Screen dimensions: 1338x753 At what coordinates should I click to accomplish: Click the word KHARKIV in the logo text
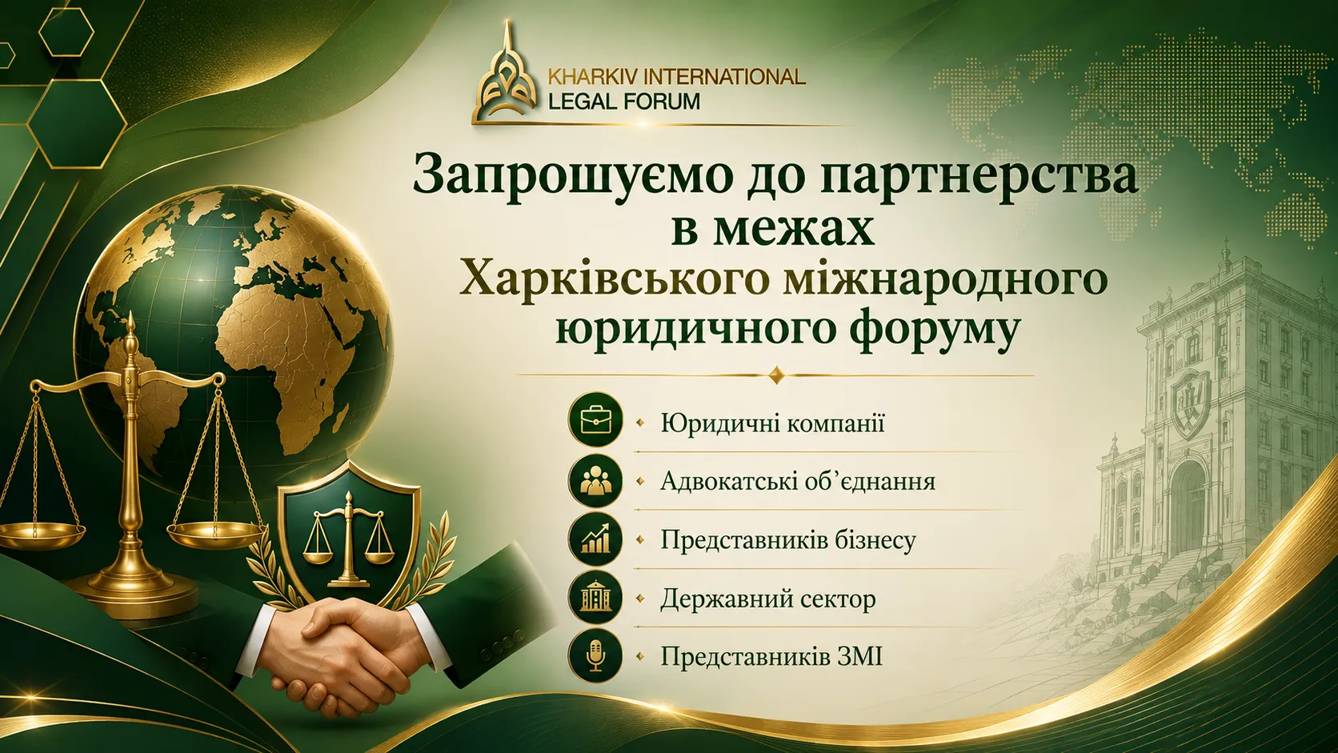590,77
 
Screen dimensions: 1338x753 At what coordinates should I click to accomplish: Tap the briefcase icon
595,420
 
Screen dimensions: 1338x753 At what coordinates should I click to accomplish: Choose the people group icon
595,481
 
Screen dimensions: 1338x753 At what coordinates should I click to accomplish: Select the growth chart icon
595,539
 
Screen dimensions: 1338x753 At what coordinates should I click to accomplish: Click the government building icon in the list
595,598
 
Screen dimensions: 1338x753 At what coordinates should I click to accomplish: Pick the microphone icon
595,655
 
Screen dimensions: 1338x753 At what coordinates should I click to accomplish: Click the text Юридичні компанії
772,423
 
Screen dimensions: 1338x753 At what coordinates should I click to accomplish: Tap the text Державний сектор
768,599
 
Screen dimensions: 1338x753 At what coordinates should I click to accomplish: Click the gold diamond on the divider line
776,375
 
